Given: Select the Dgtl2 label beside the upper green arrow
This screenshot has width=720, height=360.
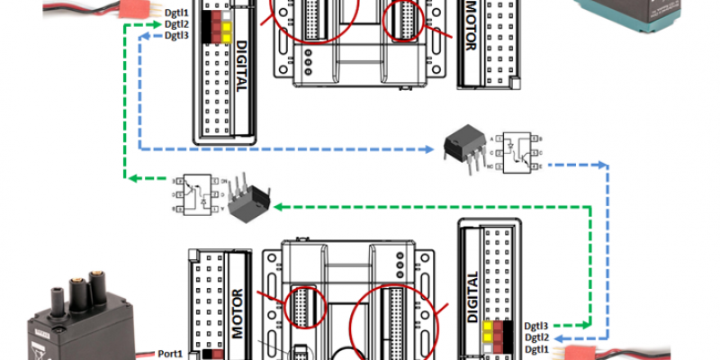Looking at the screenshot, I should point(177,24).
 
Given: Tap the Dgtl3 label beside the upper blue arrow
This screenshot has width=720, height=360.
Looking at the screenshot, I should point(177,35).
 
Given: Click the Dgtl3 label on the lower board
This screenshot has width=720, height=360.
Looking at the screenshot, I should point(536,326).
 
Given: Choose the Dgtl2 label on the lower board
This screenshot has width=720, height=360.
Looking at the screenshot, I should point(536,337).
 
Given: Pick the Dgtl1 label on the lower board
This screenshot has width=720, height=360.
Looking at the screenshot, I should point(536,348).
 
